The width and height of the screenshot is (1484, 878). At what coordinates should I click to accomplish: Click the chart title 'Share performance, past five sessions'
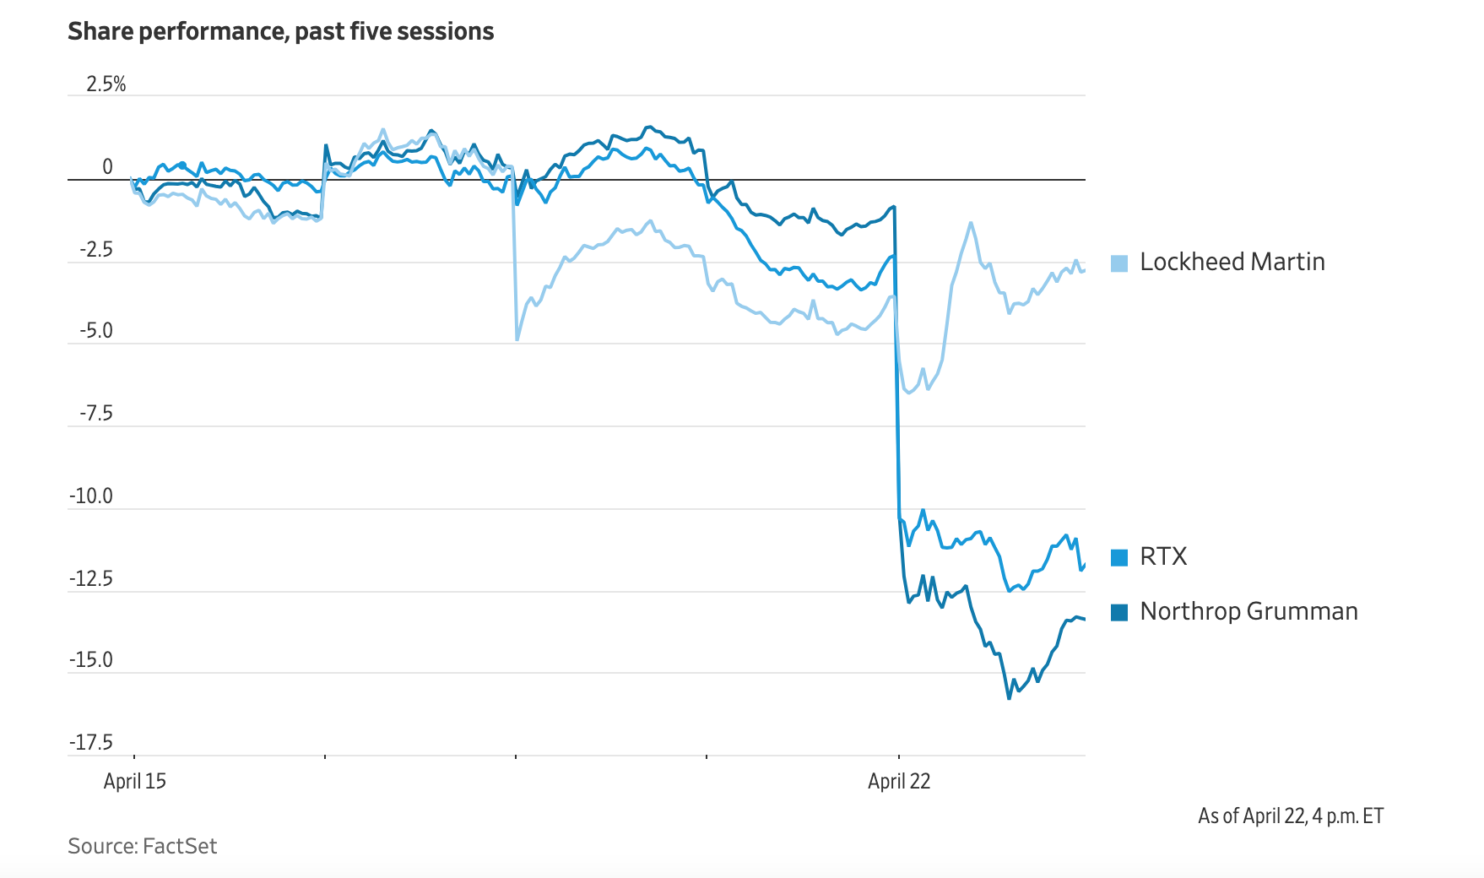pos(280,31)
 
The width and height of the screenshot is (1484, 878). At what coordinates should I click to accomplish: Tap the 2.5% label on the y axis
pos(106,84)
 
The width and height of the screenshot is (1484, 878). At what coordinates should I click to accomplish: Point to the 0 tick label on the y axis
pos(107,166)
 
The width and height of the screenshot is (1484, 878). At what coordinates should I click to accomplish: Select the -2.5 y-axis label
pos(96,249)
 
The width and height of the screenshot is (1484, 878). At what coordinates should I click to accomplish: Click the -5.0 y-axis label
pos(96,330)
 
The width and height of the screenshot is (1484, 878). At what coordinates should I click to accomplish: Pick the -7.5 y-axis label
pos(96,413)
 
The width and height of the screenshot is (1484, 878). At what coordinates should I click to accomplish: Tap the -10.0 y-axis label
pos(91,496)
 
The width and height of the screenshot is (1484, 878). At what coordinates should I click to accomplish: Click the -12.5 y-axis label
pos(91,578)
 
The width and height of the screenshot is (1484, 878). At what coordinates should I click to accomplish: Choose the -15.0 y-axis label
pos(91,659)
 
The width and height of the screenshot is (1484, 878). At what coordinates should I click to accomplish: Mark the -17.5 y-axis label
pos(91,742)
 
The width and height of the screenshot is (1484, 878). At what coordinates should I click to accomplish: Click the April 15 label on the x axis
pos(135,781)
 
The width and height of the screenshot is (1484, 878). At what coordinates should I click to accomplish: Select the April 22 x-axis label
pos(899,781)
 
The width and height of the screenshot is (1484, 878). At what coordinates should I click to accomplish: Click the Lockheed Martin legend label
pos(1232,262)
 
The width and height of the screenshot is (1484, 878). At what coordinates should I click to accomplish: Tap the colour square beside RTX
pos(1119,557)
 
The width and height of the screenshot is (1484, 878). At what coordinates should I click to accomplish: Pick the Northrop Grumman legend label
pos(1248,611)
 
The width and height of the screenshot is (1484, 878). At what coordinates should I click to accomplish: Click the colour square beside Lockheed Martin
pos(1119,263)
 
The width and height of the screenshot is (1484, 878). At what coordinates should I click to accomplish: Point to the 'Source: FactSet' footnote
pos(143,846)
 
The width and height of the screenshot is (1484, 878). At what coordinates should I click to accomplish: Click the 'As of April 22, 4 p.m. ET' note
pos(1291,816)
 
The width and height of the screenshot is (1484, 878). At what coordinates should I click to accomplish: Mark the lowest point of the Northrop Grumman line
pos(1009,698)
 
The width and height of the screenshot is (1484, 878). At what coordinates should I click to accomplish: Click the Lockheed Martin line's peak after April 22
pos(971,223)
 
